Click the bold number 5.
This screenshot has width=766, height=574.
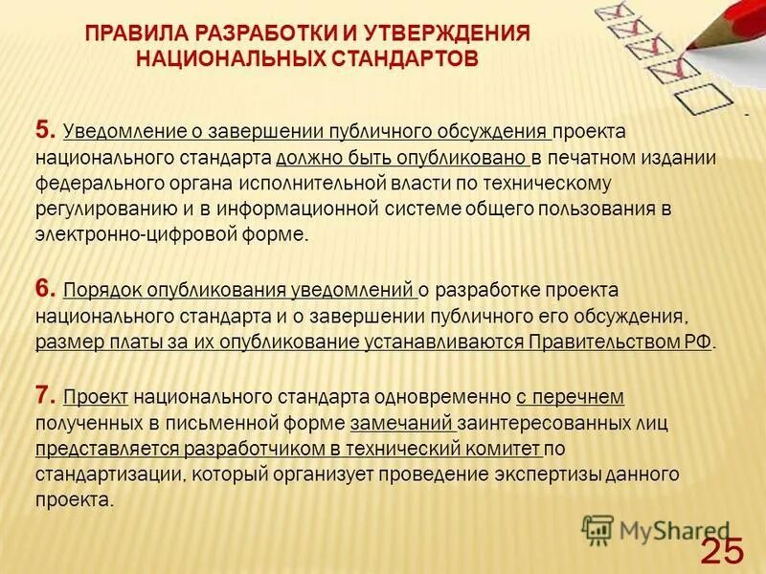point(45,130)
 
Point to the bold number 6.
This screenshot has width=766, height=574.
point(45,288)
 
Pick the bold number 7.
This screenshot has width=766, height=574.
point(45,394)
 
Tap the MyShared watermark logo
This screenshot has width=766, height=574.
point(656,529)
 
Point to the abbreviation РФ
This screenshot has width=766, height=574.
point(700,342)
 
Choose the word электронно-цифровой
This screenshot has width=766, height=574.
point(115,235)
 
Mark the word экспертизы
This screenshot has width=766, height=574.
point(552,474)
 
